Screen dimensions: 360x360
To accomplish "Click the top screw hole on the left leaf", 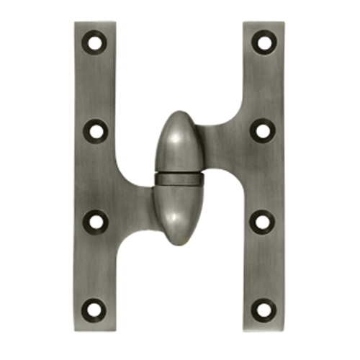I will [95, 43].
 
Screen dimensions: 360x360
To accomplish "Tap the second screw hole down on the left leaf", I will [95, 131].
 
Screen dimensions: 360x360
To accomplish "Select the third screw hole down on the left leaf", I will [95, 219].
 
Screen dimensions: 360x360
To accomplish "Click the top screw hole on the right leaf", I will [265, 43].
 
